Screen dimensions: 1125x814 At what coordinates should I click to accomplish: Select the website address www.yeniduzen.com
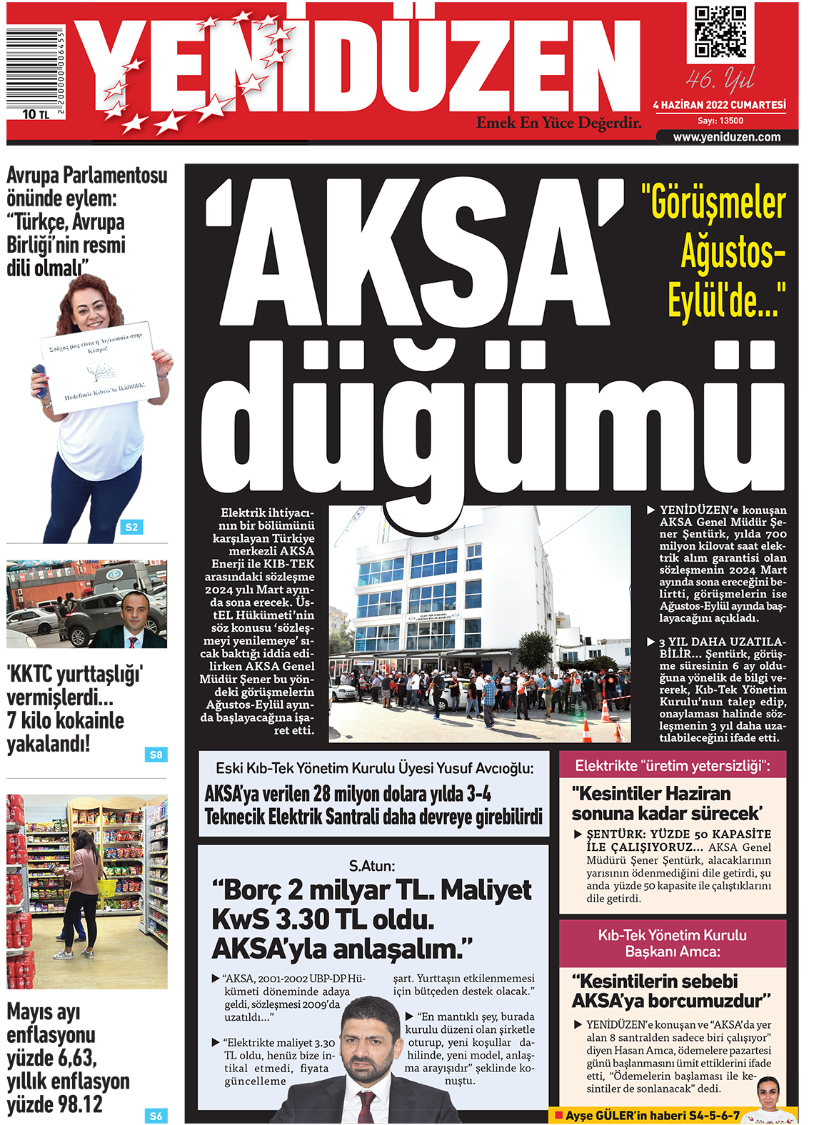pyautogui.click(x=726, y=137)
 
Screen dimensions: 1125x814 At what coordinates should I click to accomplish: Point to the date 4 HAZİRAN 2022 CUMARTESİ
pyautogui.click(x=719, y=105)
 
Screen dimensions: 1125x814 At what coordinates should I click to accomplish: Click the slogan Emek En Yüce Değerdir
pyautogui.click(x=558, y=123)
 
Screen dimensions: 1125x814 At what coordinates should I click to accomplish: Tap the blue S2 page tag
pyautogui.click(x=131, y=527)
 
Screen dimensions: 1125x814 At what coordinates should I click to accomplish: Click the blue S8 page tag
pyautogui.click(x=156, y=755)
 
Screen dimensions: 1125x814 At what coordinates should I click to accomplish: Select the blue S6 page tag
pyautogui.click(x=156, y=1116)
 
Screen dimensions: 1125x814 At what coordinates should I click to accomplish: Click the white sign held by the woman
pyautogui.click(x=97, y=366)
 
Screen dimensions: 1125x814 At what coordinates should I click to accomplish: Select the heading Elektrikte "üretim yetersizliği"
pyautogui.click(x=672, y=766)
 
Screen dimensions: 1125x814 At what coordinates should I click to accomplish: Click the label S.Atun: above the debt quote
pyautogui.click(x=371, y=866)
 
